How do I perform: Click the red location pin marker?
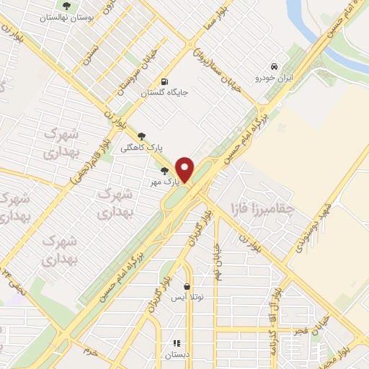click(186, 169)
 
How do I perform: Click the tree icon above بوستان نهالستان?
click(68, 7)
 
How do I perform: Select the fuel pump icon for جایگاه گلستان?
click(167, 81)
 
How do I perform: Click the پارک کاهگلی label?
click(163, 148)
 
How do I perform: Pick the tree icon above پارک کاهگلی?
click(141, 135)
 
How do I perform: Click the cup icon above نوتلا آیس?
click(187, 285)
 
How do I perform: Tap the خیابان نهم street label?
click(218, 261)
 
